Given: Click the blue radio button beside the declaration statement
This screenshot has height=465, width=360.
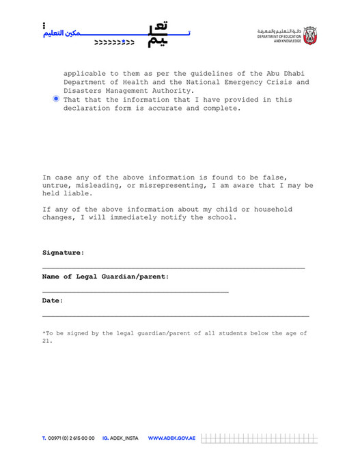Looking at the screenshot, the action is pos(56,99).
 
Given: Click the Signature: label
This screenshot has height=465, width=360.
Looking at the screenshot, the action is pos(63,253).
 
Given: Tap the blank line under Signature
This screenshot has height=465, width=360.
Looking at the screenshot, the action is pos(174,268).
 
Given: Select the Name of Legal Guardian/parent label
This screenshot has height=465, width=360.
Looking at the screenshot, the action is pos(105,277).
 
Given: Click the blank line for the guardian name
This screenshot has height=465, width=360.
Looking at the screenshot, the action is pos(135,292).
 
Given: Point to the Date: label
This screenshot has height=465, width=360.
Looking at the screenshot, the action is pos(53,300).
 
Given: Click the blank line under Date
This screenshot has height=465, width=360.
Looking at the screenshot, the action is pos(176,316).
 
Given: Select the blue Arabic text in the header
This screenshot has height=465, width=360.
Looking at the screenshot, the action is pos(61,32).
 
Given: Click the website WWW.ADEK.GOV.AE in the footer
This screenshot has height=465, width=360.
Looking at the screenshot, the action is pos(171,438).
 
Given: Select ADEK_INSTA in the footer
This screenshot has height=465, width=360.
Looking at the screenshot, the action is pos(124,438).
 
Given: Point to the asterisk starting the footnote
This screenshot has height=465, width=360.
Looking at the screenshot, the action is pos(44,333).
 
